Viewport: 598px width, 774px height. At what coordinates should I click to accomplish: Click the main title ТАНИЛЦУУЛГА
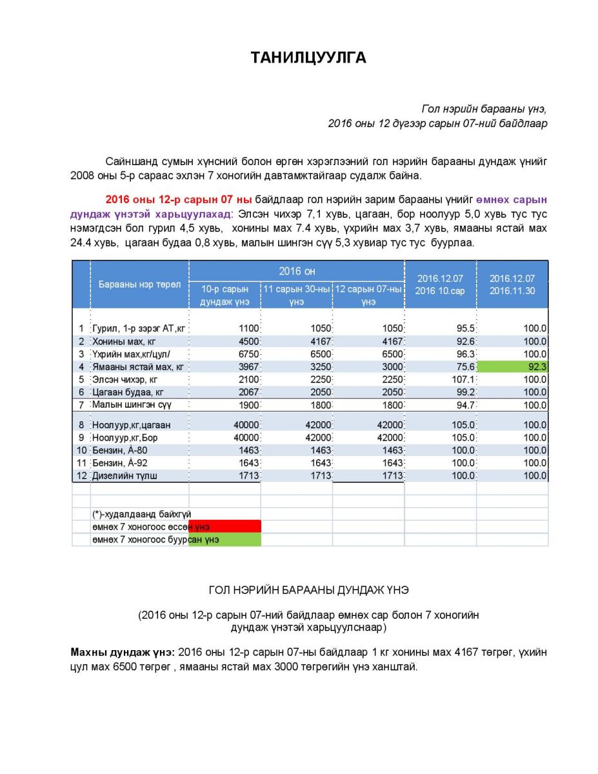coord(308,58)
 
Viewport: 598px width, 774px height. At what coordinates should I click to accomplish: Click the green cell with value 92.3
coord(512,367)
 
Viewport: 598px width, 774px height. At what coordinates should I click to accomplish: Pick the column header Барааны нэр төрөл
coord(139,284)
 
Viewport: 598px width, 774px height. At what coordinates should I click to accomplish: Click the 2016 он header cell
coord(297,271)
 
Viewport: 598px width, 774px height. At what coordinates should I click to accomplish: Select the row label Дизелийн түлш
coord(125,476)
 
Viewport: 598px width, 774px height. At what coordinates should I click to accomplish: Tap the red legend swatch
coord(224,527)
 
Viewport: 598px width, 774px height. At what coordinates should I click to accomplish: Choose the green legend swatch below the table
coord(224,540)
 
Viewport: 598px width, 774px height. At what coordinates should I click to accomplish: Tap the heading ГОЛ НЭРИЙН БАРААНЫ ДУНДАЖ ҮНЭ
coord(308,590)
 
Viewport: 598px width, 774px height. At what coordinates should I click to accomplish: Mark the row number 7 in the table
coord(81,405)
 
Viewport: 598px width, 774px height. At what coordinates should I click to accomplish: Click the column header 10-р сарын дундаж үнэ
coord(225,295)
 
